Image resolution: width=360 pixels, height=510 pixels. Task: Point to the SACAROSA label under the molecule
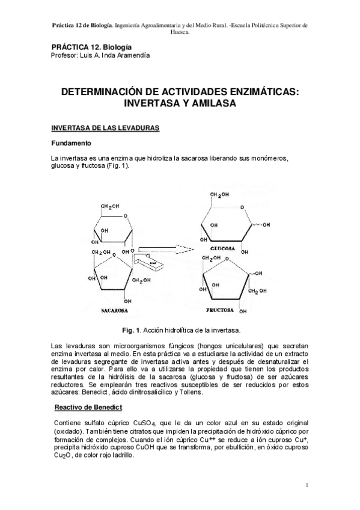(112, 312)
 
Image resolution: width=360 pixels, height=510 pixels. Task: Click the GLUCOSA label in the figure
(222, 248)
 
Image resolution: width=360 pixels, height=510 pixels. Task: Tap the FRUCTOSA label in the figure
(221, 311)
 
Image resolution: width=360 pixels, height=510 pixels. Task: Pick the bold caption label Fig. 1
(130, 331)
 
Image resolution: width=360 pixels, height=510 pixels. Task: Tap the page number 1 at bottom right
(307, 485)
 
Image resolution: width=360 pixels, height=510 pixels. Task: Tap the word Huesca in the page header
(180, 32)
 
